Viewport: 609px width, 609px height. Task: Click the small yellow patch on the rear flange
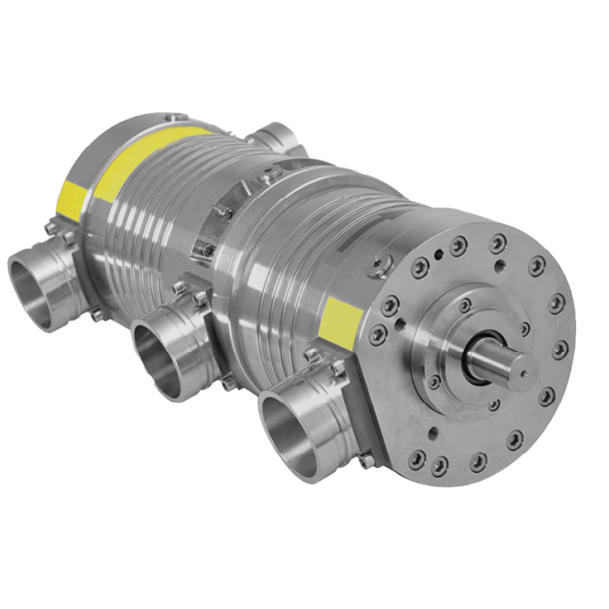point(70,200)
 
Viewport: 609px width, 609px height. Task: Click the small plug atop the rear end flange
point(169,119)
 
